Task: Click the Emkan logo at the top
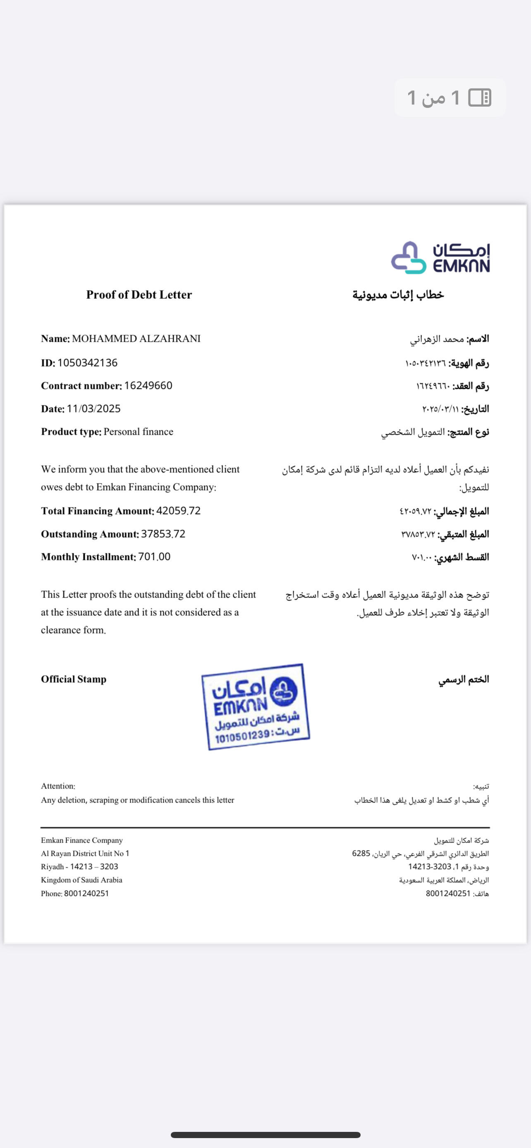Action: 440,257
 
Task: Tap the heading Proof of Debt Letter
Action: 139,295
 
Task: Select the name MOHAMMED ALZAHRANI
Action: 136,339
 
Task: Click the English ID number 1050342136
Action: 87,363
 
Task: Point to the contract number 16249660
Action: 148,386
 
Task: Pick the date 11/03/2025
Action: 93,409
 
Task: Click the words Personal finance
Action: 138,432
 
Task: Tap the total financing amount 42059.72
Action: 178,511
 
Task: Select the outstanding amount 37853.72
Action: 163,534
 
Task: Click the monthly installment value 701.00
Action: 154,557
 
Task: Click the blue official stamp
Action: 255,707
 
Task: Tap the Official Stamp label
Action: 74,679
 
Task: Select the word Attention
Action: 58,786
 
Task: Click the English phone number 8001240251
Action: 86,893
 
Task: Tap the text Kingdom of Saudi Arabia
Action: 81,880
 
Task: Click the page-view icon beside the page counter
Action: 480,98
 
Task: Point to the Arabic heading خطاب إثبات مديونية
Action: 398,295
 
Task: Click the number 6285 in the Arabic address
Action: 361,853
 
